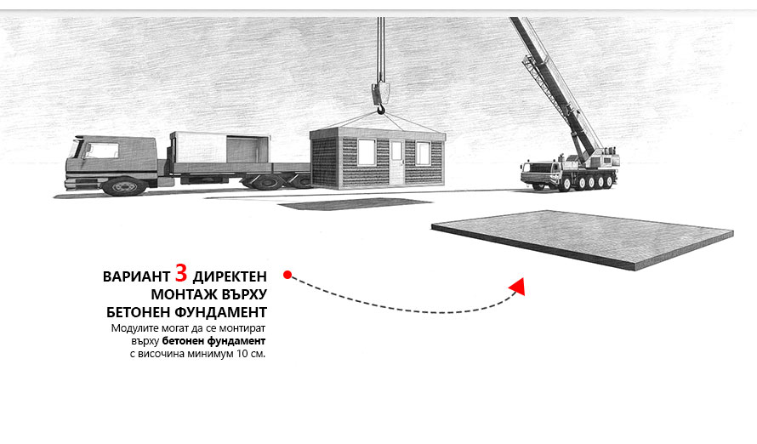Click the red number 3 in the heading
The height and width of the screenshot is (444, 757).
coord(181,273)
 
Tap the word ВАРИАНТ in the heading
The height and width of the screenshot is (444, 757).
coord(136,276)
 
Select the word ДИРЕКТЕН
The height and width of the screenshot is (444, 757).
coord(230,276)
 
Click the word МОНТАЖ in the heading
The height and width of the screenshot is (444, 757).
coord(185,294)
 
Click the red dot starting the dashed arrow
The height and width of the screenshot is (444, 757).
coord(287,275)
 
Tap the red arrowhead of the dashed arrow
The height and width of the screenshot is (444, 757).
coord(517,287)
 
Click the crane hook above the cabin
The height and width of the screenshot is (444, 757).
coord(380,98)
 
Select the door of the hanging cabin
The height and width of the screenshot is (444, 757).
coord(397,162)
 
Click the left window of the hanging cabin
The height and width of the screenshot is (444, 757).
coord(367,152)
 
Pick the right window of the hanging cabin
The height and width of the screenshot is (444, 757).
coord(423,153)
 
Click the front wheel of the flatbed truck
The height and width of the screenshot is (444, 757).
coord(124,185)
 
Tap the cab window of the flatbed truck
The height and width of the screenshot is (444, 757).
coord(101,150)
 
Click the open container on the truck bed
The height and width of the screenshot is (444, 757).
coord(219,148)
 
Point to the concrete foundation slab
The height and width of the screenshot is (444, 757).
coord(583,239)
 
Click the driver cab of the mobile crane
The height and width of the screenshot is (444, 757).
coord(535,173)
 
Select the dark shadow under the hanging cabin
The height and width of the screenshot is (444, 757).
coord(356,203)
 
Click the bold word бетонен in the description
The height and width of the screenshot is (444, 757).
coord(183,341)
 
